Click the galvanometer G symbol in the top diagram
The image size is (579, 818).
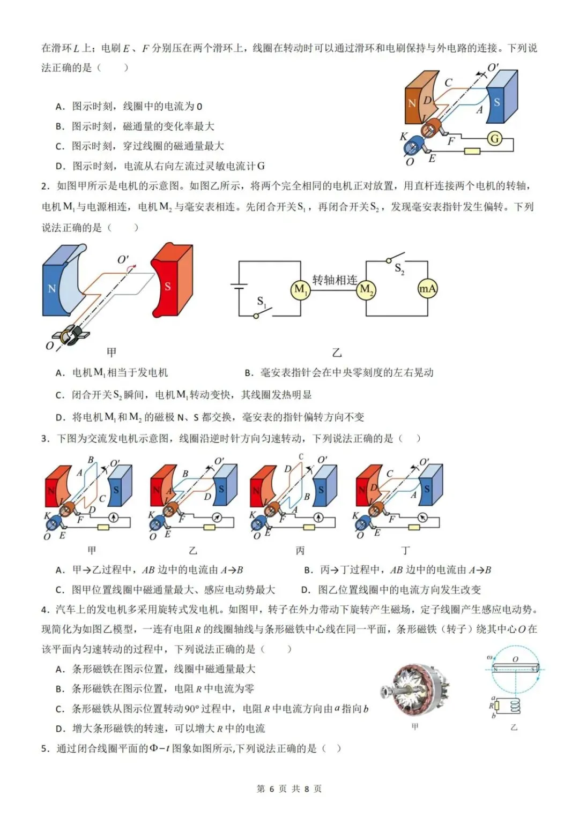click(494, 139)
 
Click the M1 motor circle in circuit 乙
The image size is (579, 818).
click(300, 290)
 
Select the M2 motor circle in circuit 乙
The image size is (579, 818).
click(366, 290)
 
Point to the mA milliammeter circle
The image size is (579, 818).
click(427, 289)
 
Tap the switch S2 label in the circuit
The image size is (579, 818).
click(399, 268)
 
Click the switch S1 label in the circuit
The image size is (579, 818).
click(261, 302)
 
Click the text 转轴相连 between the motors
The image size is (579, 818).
click(335, 280)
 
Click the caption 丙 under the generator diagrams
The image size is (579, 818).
click(300, 551)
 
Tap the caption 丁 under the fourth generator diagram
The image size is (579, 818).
click(406, 551)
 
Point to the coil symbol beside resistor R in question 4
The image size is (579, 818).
click(515, 706)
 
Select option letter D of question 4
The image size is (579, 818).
click(61, 729)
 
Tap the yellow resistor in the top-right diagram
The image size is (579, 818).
click(472, 151)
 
